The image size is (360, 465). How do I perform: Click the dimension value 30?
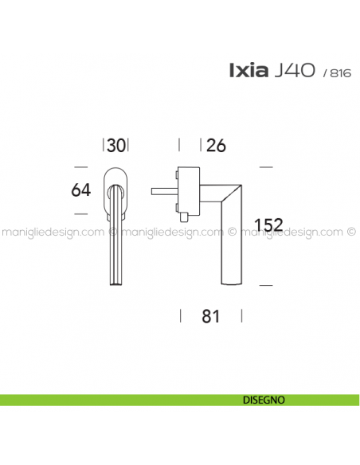click(116, 145)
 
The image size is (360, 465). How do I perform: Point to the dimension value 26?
click(216, 145)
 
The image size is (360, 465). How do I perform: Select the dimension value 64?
click(80, 191)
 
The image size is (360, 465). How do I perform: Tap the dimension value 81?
click(210, 316)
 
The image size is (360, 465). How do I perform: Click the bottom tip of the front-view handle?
click(116, 282)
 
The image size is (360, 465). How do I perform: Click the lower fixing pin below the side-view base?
click(182, 216)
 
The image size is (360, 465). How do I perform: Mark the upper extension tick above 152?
click(267, 167)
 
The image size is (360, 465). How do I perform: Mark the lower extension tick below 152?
click(267, 284)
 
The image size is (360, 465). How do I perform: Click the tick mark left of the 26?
click(179, 145)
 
